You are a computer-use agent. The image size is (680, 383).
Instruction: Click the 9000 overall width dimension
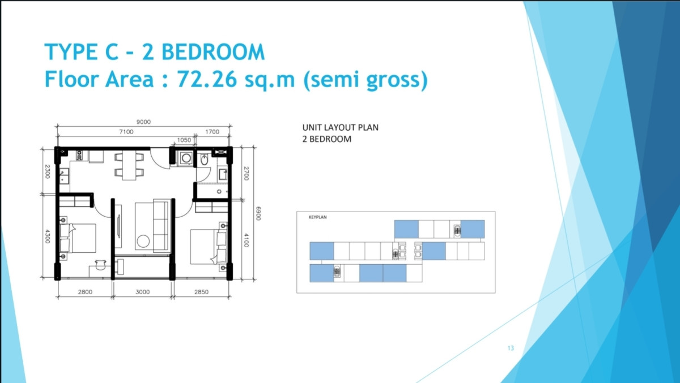(x=143, y=122)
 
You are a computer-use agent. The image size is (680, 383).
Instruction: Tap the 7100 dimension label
(x=126, y=131)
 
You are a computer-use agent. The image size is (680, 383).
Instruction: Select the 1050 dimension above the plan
(x=184, y=140)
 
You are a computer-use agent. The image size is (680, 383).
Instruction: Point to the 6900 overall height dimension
(x=258, y=213)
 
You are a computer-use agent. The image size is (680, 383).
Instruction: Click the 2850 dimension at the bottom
(x=201, y=292)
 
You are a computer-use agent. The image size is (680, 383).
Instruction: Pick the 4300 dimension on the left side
(x=48, y=236)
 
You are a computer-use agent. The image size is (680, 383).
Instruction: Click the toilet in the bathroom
(x=205, y=159)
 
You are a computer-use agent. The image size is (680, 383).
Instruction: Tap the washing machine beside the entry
(x=186, y=158)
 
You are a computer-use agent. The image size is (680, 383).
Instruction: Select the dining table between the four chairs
(x=129, y=165)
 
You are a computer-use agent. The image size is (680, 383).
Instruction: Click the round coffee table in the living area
(x=143, y=241)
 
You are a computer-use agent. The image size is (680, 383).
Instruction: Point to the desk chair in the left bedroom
(x=100, y=265)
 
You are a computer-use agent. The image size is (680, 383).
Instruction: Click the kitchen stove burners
(x=79, y=156)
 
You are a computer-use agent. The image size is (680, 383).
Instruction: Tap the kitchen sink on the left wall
(x=63, y=177)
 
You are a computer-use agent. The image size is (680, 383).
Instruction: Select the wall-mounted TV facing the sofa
(x=119, y=226)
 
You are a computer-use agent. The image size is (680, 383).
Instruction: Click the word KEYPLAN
(x=317, y=217)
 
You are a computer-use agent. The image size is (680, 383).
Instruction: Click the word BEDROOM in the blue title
(x=213, y=52)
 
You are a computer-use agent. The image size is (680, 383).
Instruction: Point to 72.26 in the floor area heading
(x=207, y=79)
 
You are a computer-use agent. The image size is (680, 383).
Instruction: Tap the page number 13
(x=511, y=348)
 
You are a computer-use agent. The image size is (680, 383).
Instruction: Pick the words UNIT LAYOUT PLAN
(x=341, y=127)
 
